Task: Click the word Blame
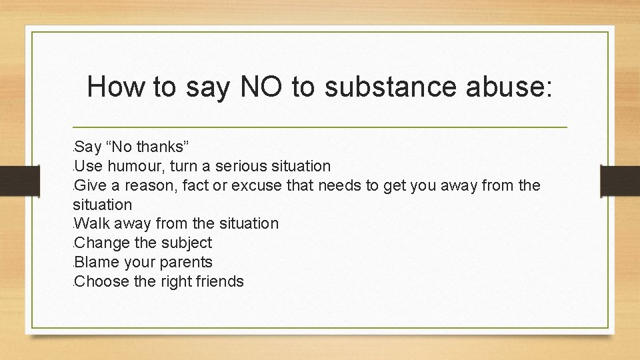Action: (x=97, y=262)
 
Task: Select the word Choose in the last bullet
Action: (x=103, y=281)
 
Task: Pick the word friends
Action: (x=219, y=281)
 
